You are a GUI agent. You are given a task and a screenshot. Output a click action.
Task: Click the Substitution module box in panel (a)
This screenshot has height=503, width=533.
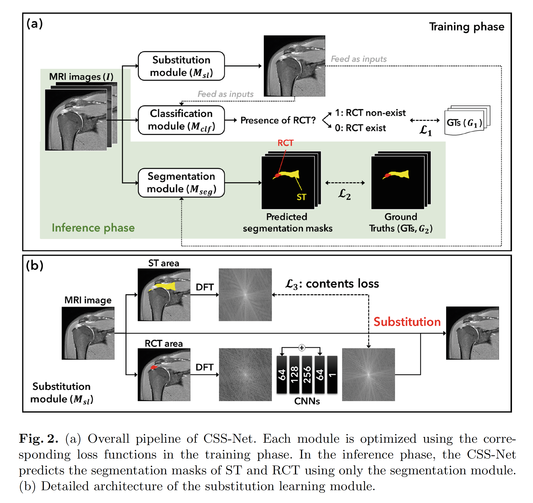[181, 66]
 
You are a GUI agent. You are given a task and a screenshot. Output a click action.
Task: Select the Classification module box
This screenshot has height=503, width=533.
[181, 120]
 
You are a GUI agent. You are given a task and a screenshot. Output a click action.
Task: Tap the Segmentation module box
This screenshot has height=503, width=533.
[181, 183]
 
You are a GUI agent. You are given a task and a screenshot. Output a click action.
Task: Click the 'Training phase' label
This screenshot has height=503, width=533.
[467, 27]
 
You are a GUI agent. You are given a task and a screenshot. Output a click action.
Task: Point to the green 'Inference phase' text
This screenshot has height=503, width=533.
[93, 228]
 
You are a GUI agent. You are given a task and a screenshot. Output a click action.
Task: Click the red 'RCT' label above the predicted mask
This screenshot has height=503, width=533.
[285, 143]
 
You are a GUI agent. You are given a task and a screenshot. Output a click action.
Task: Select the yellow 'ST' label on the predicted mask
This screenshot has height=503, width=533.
[301, 197]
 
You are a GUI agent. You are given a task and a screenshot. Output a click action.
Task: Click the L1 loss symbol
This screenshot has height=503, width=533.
[425, 131]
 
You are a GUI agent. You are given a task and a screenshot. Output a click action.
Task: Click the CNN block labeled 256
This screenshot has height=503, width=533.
[307, 374]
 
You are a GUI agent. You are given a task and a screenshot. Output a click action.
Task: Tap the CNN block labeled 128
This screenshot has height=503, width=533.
[294, 374]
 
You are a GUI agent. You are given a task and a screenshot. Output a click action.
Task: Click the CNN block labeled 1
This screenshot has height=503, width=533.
[332, 374]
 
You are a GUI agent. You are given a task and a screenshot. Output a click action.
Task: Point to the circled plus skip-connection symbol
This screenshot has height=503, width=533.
[302, 347]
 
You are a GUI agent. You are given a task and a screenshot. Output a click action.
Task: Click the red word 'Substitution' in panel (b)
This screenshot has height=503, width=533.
[407, 322]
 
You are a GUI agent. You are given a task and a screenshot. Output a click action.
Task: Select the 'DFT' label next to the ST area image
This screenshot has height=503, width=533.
[205, 287]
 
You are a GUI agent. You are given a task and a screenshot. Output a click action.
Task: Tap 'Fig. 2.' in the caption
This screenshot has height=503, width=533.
[38, 439]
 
